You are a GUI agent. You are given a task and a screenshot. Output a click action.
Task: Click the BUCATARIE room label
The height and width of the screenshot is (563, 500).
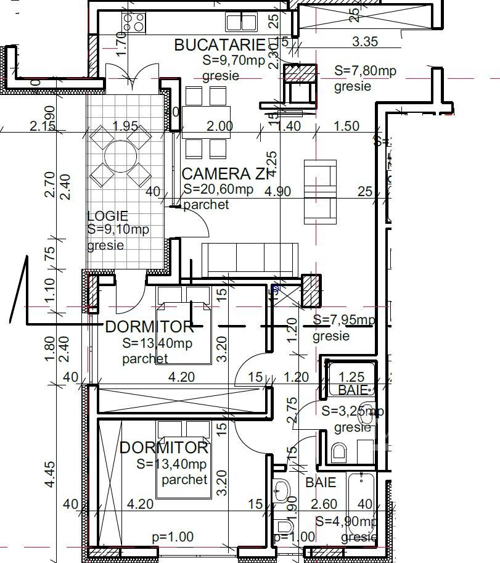219,45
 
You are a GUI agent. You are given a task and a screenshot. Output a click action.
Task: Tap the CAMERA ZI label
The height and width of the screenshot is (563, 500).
226,174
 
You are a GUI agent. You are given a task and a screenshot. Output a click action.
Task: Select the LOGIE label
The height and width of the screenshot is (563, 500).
107,216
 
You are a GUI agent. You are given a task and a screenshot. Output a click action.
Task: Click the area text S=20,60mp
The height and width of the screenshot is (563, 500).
218,190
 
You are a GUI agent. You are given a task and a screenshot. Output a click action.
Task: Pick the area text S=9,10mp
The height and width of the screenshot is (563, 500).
118,229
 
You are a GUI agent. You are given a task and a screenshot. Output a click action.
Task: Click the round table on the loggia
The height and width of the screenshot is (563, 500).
121,155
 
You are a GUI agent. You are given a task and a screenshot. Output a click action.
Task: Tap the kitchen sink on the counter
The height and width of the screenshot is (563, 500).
241,23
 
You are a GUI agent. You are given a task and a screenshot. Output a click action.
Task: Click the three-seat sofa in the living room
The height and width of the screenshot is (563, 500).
249,259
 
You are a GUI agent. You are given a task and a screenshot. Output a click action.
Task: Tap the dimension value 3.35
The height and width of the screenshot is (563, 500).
365,42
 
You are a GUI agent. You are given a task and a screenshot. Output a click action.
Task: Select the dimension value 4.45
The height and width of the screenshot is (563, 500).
50,475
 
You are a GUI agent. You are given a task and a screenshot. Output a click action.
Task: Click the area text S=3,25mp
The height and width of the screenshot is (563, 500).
353,411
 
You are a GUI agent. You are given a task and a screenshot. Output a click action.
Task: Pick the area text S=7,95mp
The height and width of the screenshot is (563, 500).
343,320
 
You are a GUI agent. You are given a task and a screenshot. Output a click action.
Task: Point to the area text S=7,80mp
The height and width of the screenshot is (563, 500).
365,71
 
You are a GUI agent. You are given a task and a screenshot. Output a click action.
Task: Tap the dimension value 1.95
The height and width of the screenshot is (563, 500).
125,126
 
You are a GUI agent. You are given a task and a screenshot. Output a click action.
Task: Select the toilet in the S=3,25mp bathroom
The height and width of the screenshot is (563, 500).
338,453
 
